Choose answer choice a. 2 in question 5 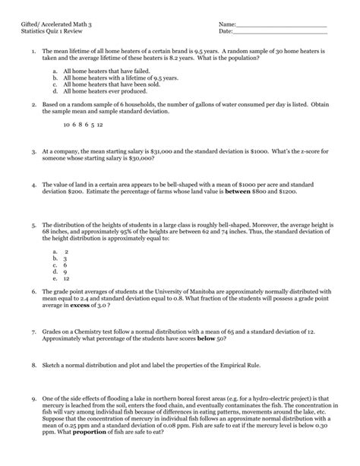(x=60, y=250)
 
